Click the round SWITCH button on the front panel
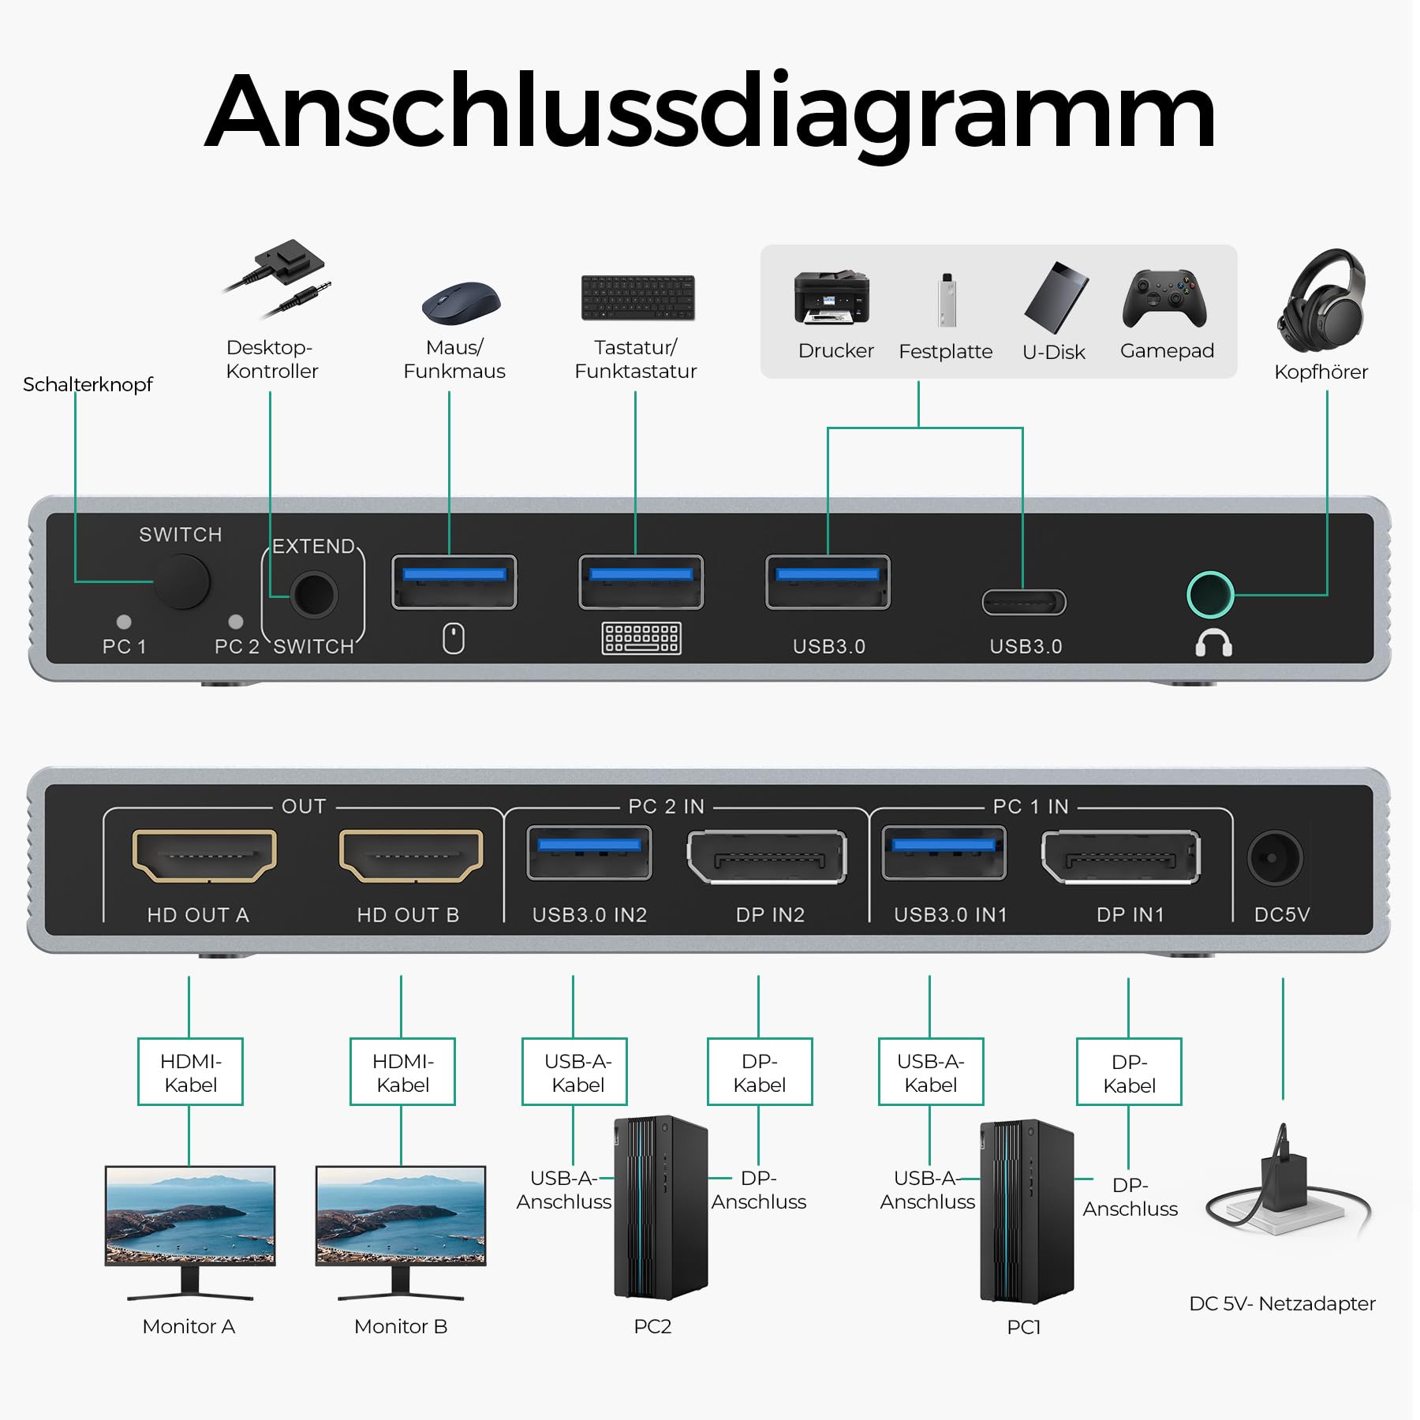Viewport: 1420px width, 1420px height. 182,581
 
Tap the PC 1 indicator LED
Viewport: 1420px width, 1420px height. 124,622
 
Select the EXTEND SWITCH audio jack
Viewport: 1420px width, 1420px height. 313,595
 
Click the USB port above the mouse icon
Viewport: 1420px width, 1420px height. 454,582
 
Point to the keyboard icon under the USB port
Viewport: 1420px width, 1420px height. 641,638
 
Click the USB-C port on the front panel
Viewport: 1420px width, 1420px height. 1023,603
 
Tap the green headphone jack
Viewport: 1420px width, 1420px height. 1210,595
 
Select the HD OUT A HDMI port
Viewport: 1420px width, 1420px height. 204,855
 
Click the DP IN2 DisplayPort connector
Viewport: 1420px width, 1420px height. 767,857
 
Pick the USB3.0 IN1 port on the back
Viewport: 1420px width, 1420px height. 944,853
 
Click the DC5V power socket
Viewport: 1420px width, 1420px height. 1275,858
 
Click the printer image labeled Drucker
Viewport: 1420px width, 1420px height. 831,298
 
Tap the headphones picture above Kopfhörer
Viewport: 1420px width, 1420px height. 1322,300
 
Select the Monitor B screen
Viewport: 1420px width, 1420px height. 401,1215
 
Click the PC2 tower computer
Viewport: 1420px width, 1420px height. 660,1207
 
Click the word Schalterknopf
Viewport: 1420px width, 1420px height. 88,384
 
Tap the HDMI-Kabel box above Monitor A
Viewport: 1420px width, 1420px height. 190,1072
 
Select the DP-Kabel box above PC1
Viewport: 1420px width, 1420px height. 1129,1073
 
